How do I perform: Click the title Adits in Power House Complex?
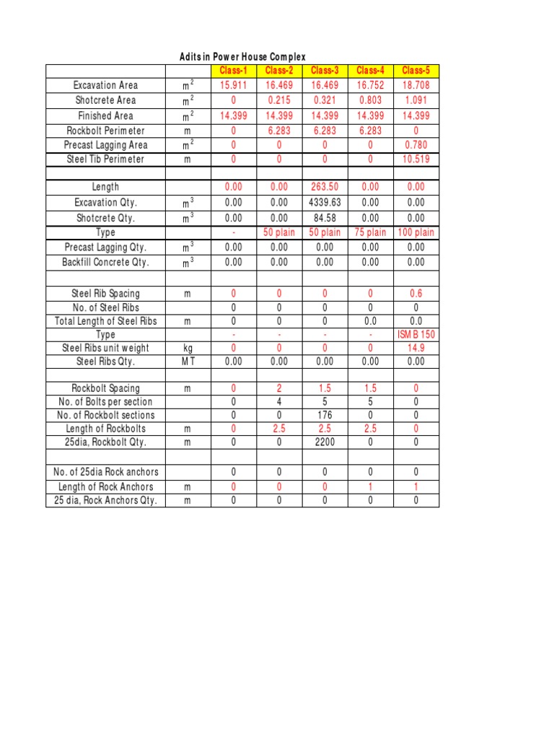[242, 57]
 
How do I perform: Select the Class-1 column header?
[233, 71]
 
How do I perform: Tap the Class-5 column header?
[415, 71]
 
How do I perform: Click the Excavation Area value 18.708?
[415, 85]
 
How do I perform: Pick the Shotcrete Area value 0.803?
[370, 100]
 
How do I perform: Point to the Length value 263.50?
[325, 187]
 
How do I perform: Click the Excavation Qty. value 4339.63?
[325, 203]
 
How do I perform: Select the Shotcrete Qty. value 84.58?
[325, 218]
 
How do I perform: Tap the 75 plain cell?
[370, 232]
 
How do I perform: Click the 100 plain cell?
[415, 232]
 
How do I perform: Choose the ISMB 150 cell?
[415, 335]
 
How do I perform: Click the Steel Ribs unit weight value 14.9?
[415, 348]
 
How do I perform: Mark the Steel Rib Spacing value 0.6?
[415, 294]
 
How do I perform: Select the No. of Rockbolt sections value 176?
[325, 415]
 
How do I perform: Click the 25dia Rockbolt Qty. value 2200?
[325, 442]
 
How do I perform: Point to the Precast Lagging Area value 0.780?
[415, 145]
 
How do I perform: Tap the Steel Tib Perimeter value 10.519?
[415, 159]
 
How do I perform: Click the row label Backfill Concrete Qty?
[105, 262]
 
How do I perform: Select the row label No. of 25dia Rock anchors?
[105, 472]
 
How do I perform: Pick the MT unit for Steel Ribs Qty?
[188, 362]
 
